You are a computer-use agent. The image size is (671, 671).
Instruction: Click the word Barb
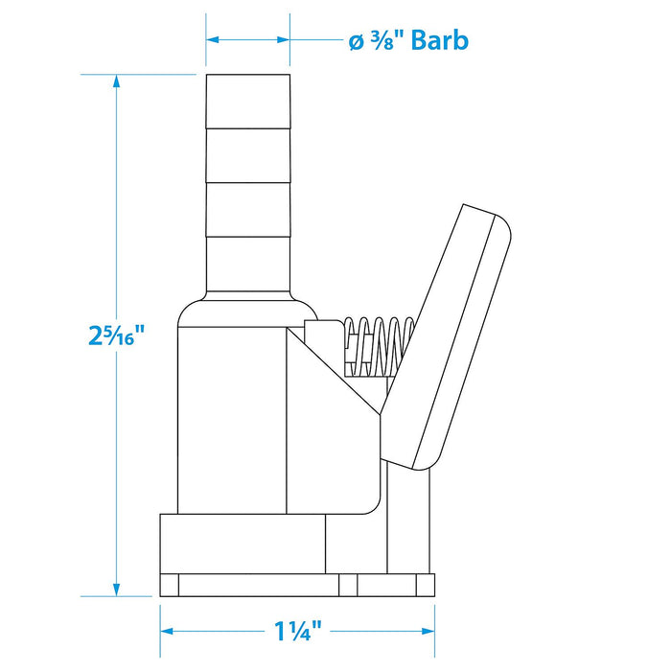[x=439, y=40]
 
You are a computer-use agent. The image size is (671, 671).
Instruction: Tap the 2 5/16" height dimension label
[x=116, y=335]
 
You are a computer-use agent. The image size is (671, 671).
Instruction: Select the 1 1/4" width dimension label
[x=297, y=631]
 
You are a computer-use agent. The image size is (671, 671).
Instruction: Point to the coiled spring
[x=380, y=347]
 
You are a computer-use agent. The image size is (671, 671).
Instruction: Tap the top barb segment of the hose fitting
[x=248, y=102]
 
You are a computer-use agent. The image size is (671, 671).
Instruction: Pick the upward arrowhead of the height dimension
[x=116, y=81]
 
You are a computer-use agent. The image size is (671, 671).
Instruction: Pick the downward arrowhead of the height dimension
[x=116, y=589]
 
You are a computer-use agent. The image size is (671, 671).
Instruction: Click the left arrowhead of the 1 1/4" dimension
[x=167, y=631]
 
